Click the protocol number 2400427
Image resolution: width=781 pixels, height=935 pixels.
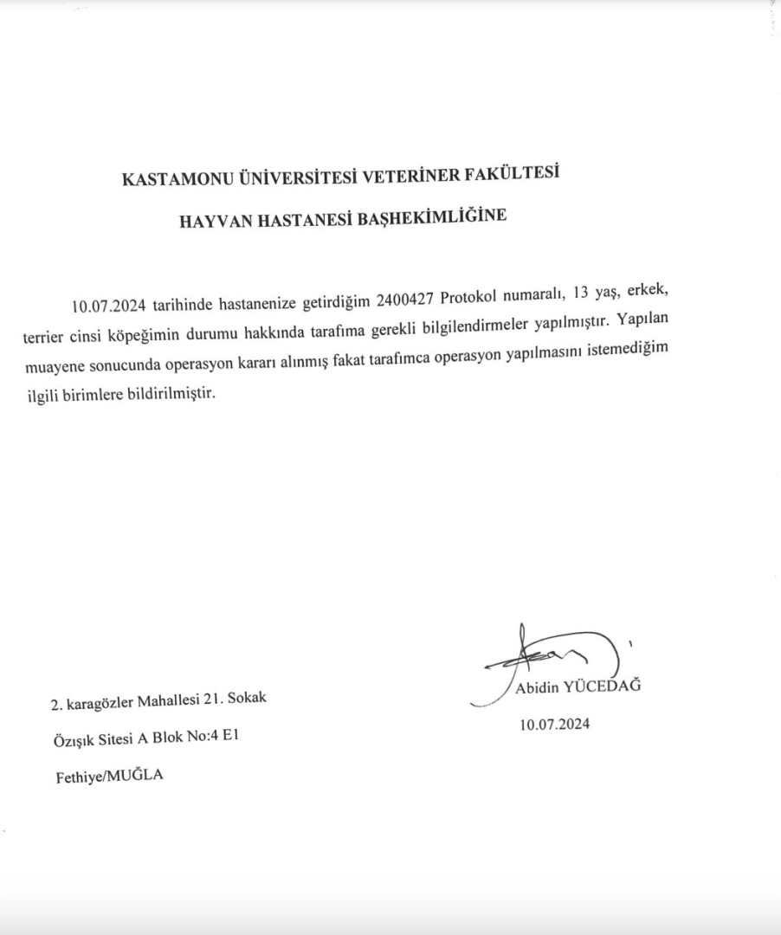point(405,300)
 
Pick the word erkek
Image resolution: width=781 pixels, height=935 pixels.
point(648,294)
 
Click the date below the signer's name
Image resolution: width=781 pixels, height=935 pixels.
point(554,725)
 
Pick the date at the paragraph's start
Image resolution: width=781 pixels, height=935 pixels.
point(111,306)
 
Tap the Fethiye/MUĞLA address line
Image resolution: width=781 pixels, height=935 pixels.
point(109,777)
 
